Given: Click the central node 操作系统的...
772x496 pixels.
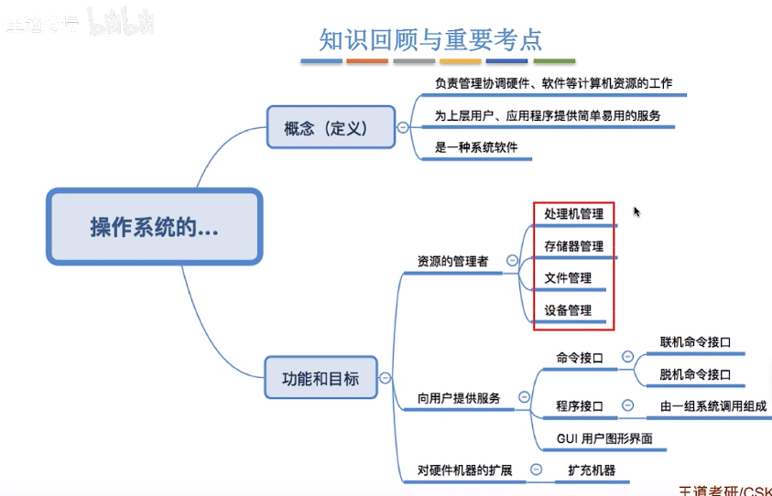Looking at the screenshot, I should [x=154, y=227].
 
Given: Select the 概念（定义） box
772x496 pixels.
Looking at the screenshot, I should [x=325, y=128].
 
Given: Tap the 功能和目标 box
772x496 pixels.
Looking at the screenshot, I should [x=320, y=378].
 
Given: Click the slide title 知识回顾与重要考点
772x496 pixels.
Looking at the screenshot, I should [x=430, y=39].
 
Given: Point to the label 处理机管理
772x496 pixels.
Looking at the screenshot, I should [x=573, y=214].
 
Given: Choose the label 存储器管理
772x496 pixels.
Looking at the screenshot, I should [x=573, y=246].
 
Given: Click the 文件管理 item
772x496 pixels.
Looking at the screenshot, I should [x=568, y=278].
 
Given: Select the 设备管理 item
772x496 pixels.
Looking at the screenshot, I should [x=568, y=310].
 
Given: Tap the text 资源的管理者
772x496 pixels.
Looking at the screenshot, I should [x=452, y=262].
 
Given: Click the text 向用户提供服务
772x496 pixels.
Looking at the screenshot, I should [x=459, y=398].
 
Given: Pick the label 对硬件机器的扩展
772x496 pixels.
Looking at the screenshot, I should [x=464, y=470].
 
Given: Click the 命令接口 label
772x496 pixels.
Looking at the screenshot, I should [x=580, y=358].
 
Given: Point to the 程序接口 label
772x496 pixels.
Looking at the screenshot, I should [x=580, y=405].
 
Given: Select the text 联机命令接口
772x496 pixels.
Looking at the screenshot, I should [x=695, y=342].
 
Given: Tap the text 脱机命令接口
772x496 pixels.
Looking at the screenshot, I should [x=695, y=374].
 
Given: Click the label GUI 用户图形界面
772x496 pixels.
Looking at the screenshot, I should [x=604, y=438].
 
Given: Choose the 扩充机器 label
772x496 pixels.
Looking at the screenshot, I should [x=591, y=470].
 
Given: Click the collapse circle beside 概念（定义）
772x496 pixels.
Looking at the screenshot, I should [x=402, y=127].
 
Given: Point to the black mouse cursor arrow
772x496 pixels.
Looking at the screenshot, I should [x=636, y=211].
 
